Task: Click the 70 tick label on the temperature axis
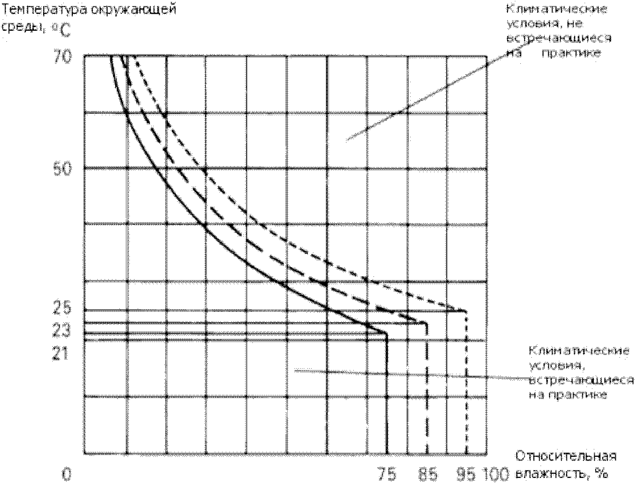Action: click(63, 58)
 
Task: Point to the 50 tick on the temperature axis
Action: click(63, 169)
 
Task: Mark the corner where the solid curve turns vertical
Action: click(386, 334)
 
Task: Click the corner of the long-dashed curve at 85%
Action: click(426, 324)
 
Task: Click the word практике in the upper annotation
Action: click(571, 53)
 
